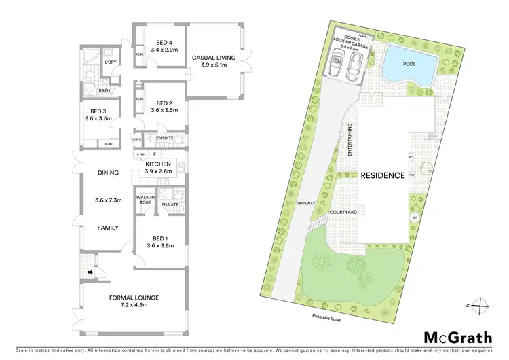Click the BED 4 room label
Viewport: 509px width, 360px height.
click(x=157, y=42)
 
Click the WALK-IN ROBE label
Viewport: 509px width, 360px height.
click(x=145, y=200)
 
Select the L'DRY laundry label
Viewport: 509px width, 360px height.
click(x=109, y=63)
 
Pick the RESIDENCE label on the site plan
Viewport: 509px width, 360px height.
click(x=382, y=175)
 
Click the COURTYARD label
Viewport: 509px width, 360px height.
click(x=343, y=212)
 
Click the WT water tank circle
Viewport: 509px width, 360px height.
click(x=413, y=217)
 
